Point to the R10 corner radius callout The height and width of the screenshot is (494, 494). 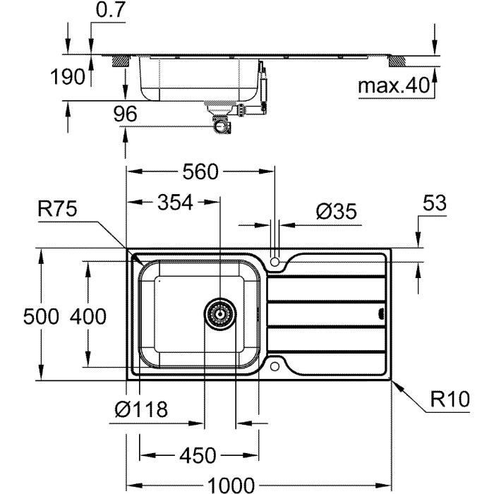(x=450, y=400)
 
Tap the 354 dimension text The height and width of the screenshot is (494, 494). (x=174, y=203)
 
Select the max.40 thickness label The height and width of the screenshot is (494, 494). (x=393, y=87)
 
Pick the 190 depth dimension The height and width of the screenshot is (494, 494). (x=68, y=77)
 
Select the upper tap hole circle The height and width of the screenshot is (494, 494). (x=276, y=262)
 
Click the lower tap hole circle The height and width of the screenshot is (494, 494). (x=276, y=366)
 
